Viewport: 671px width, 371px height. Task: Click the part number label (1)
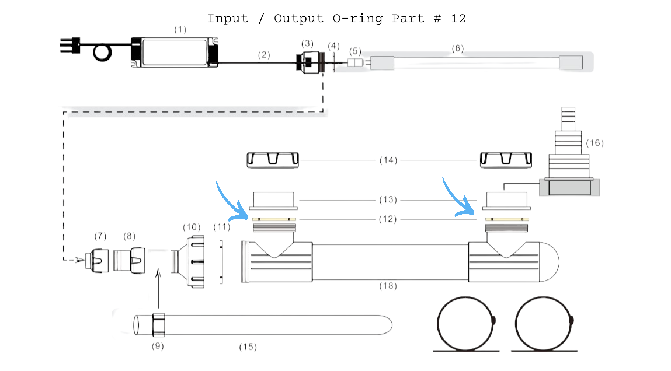(x=180, y=29)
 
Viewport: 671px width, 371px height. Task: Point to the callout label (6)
(x=458, y=48)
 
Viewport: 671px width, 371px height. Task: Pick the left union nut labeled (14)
(x=273, y=159)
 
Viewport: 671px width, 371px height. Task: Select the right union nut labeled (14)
(x=506, y=159)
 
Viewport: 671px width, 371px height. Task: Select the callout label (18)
(x=388, y=286)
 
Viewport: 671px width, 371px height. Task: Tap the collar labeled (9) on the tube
(x=159, y=324)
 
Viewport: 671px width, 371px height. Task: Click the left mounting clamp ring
(x=467, y=324)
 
